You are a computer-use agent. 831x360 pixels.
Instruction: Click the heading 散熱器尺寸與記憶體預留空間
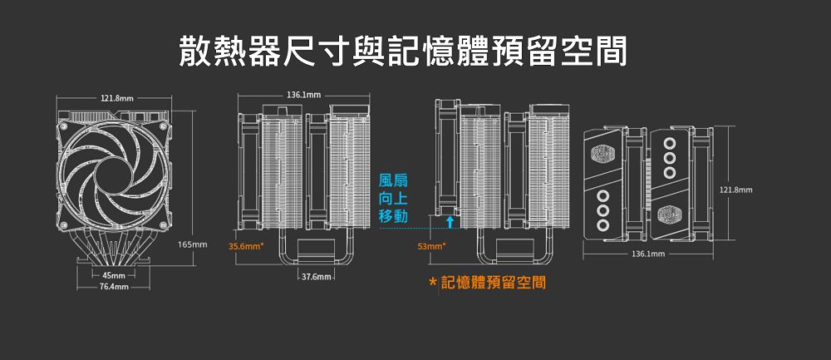[x=402, y=52]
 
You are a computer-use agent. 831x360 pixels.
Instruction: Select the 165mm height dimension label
[x=192, y=245]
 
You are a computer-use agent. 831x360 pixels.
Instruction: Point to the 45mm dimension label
[x=114, y=275]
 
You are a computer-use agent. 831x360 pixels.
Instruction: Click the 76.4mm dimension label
[x=113, y=287]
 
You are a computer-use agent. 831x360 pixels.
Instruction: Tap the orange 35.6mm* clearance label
[x=246, y=246]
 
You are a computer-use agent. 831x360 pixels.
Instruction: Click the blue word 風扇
[x=393, y=180]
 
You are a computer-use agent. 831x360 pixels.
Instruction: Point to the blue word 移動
[x=393, y=217]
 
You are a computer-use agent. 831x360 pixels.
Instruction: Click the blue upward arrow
[x=450, y=221]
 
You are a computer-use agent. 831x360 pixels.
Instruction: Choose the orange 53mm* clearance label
[x=431, y=246]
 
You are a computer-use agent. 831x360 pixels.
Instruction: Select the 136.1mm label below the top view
[x=649, y=252]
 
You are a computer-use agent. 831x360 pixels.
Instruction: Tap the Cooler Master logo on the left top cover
[x=602, y=155]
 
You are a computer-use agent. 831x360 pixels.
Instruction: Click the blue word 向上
[x=393, y=199]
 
